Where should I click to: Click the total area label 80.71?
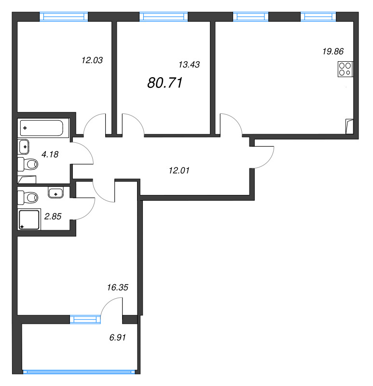click(x=165, y=83)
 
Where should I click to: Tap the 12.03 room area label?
click(x=92, y=60)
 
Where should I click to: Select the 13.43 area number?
click(x=189, y=65)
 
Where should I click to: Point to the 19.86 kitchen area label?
click(x=333, y=52)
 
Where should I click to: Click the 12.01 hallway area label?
click(x=179, y=170)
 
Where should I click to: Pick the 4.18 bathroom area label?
click(x=50, y=154)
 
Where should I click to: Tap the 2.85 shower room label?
click(x=53, y=216)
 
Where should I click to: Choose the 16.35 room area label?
click(x=118, y=287)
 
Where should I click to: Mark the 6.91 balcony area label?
click(x=118, y=337)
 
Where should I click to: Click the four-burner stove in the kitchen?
click(x=345, y=69)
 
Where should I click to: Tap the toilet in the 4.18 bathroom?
click(x=28, y=164)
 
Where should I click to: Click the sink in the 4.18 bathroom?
click(x=24, y=147)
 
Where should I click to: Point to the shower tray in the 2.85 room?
click(x=29, y=220)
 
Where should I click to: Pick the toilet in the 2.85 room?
click(x=28, y=197)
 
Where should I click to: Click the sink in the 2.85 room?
click(x=56, y=192)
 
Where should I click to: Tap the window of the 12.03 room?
click(x=64, y=17)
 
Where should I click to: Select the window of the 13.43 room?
click(x=164, y=17)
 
